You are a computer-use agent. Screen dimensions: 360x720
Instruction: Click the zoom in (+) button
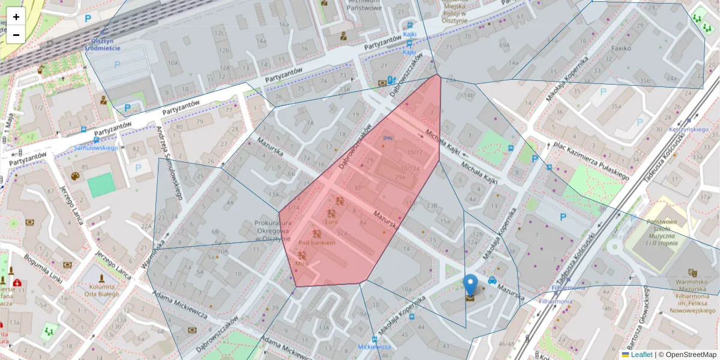(16, 17)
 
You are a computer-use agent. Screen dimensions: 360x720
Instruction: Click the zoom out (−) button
(16, 35)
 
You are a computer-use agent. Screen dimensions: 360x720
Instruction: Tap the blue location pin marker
(470, 286)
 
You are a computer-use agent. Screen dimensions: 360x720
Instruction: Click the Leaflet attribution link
(641, 355)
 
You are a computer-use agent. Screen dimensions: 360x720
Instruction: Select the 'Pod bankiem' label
(316, 242)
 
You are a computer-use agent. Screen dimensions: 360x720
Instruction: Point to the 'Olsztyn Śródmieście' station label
(102, 44)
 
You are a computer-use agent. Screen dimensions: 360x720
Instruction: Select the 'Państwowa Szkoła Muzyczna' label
(654, 233)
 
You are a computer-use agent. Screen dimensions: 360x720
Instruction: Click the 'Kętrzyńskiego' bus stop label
(688, 129)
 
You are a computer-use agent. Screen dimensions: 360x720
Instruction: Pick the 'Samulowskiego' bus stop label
(94, 148)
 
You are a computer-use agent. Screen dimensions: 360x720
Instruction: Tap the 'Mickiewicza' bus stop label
(374, 347)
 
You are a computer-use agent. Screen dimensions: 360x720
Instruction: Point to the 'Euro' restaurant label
(331, 222)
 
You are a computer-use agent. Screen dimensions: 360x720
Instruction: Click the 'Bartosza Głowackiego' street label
(640, 316)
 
